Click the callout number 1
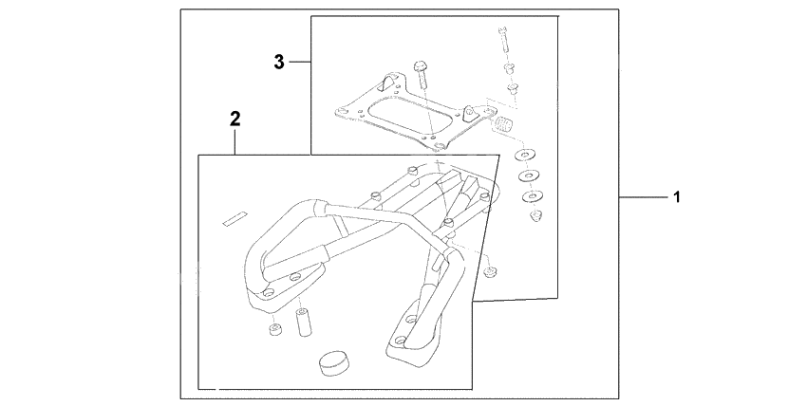tap(675, 197)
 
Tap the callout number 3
tap(279, 62)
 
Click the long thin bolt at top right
tap(501, 42)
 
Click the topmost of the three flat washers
tap(522, 154)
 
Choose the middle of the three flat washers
tap(526, 175)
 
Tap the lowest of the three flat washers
tap(530, 196)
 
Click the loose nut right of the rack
tap(490, 273)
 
